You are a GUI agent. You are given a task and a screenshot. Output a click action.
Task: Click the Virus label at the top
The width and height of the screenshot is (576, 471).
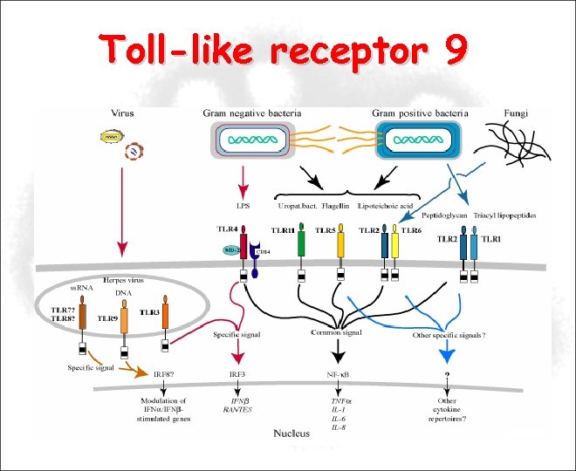(123, 113)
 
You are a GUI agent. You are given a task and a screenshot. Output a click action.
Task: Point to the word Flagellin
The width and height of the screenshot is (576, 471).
(336, 206)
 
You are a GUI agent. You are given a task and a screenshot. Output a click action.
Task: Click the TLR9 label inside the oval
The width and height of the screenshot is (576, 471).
(108, 319)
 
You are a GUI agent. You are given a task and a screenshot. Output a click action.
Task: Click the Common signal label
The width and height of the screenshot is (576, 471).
(336, 332)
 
